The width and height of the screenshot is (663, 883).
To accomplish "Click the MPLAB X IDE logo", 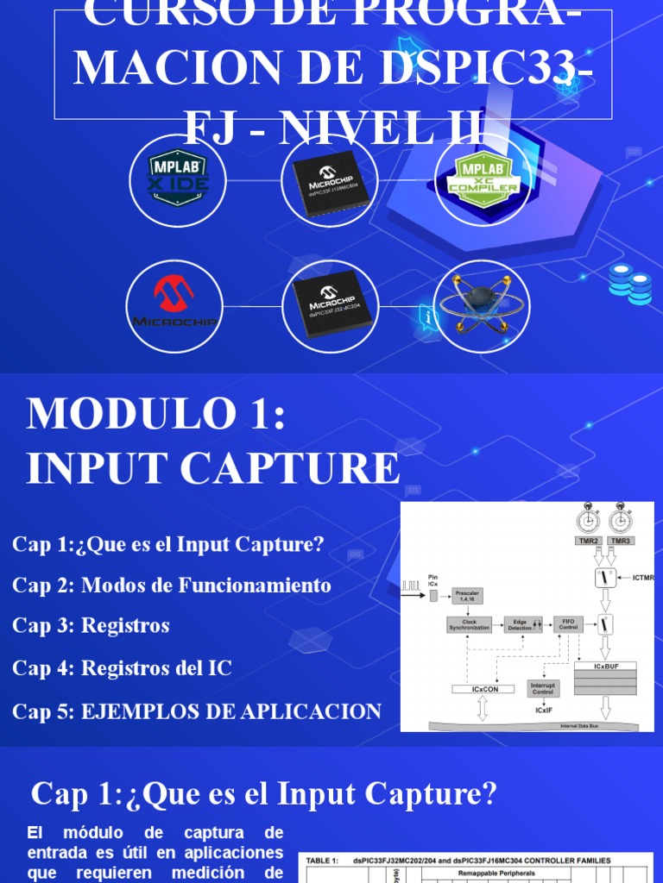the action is tap(177, 181).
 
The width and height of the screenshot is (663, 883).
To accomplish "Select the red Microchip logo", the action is tap(174, 306).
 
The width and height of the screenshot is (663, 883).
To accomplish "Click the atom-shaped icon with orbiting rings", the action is tap(481, 306).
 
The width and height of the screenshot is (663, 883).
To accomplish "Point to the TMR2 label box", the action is tap(588, 542).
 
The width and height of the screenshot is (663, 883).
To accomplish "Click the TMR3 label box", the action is tap(620, 542).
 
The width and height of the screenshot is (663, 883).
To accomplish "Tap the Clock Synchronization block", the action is tap(469, 624).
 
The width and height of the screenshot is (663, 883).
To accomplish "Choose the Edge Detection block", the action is tap(521, 624).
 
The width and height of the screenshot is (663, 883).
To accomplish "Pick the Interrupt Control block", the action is tap(543, 688).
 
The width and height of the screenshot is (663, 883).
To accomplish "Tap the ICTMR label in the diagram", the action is tap(644, 578).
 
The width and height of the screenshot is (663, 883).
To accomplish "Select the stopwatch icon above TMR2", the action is tap(588, 520).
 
